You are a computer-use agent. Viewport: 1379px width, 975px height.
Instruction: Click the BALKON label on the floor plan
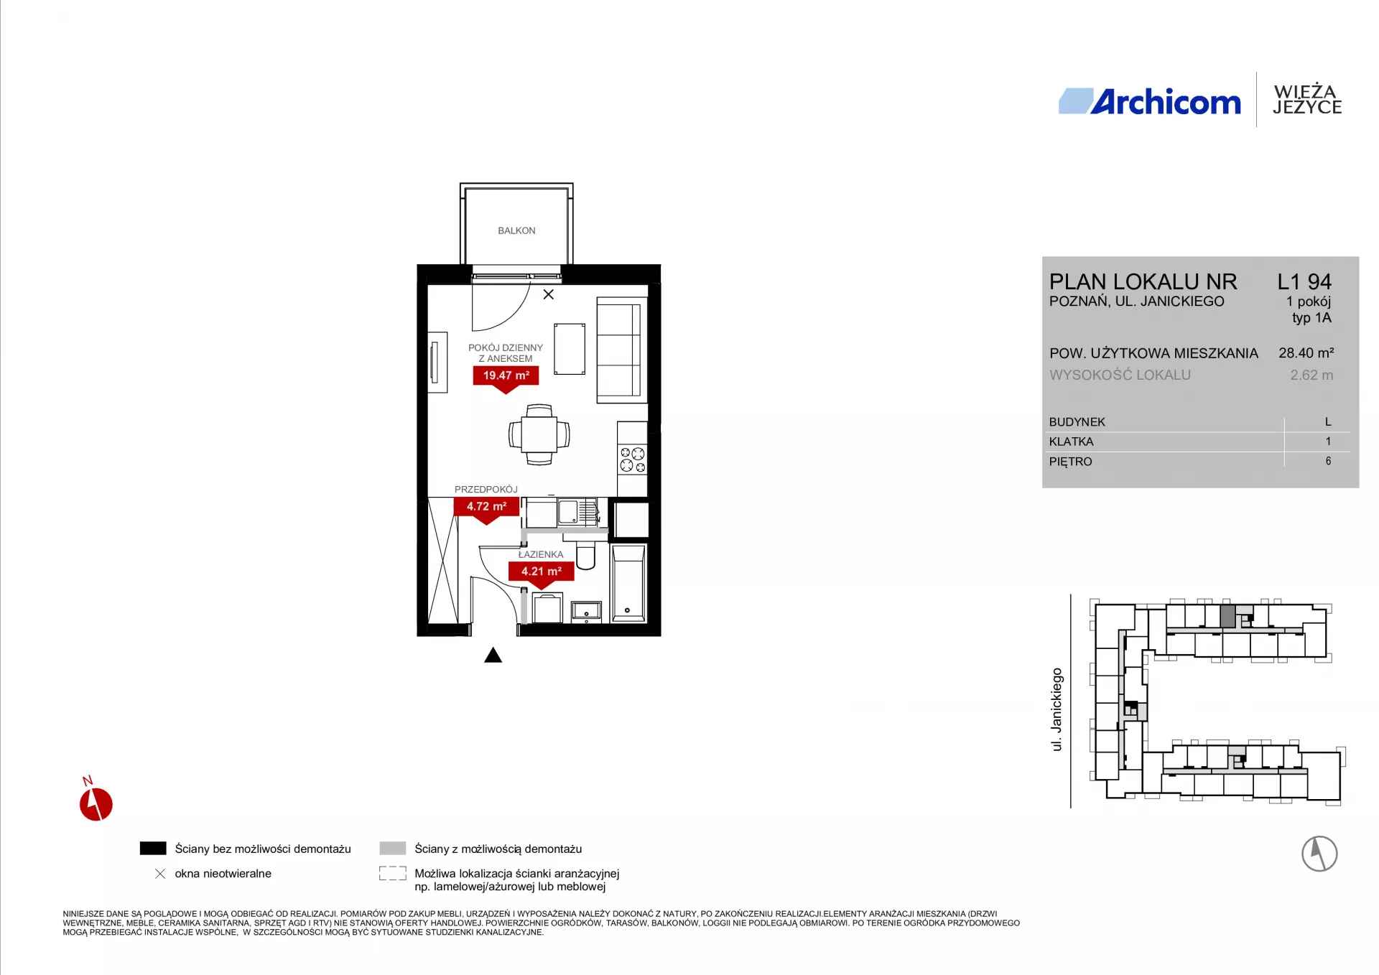[516, 230]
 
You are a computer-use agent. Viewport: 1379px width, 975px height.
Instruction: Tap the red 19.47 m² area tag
[506, 378]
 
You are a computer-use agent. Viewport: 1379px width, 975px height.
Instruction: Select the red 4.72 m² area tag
[486, 508]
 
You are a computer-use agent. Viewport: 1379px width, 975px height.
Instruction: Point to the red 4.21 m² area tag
[542, 574]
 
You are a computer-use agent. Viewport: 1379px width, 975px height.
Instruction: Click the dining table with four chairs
[539, 434]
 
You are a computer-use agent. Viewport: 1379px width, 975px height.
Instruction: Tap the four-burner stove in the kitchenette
[633, 459]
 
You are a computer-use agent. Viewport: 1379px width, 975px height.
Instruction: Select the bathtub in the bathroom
[628, 583]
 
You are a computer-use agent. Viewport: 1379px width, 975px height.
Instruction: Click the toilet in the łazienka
[585, 556]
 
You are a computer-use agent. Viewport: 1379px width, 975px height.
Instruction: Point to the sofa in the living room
[618, 350]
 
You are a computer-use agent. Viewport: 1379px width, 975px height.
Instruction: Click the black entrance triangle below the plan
[493, 656]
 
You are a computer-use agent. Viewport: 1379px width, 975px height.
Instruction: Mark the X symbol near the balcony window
[549, 294]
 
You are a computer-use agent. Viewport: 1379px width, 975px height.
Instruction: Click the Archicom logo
[1150, 102]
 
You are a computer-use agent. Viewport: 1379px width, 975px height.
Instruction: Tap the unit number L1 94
[1304, 281]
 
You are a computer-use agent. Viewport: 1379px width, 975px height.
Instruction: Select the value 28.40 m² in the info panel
[1306, 353]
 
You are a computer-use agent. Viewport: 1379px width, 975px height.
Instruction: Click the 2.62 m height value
[1311, 375]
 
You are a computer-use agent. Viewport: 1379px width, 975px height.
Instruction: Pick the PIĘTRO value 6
[1328, 461]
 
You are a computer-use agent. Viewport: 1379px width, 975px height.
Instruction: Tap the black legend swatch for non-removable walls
[153, 848]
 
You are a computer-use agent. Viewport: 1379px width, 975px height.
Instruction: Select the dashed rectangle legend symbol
[393, 873]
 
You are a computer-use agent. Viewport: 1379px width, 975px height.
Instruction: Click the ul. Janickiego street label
[1057, 709]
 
